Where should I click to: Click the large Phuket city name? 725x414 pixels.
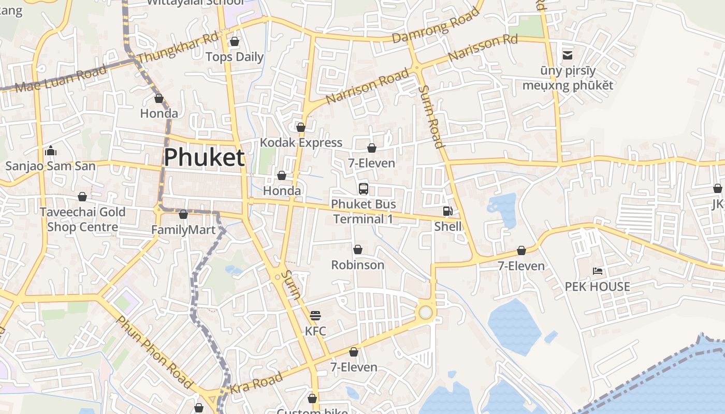pyautogui.click(x=204, y=157)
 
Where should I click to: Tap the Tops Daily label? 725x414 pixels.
pyautogui.click(x=235, y=57)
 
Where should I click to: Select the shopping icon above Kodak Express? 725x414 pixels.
pyautogui.click(x=301, y=127)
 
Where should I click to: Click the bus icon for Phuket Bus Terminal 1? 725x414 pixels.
pyautogui.click(x=364, y=188)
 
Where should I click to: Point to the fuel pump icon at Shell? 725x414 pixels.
pyautogui.click(x=447, y=211)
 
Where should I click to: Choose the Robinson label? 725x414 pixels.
pyautogui.click(x=357, y=265)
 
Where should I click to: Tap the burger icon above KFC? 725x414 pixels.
pyautogui.click(x=315, y=315)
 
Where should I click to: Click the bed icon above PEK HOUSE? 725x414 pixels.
pyautogui.click(x=597, y=271)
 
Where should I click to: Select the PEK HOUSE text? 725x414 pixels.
pyautogui.click(x=597, y=287)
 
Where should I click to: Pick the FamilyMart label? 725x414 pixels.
pyautogui.click(x=183, y=229)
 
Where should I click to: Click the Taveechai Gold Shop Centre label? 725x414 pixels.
pyautogui.click(x=83, y=219)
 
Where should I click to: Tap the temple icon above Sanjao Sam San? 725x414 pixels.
pyautogui.click(x=51, y=151)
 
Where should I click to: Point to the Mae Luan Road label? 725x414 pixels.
pyautogui.click(x=61, y=79)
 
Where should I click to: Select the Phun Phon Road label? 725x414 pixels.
pyautogui.click(x=155, y=351)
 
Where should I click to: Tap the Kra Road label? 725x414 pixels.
pyautogui.click(x=256, y=382)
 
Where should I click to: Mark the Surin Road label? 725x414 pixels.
pyautogui.click(x=431, y=116)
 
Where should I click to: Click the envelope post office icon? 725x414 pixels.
pyautogui.click(x=568, y=55)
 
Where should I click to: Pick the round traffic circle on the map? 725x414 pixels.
pyautogui.click(x=425, y=312)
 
